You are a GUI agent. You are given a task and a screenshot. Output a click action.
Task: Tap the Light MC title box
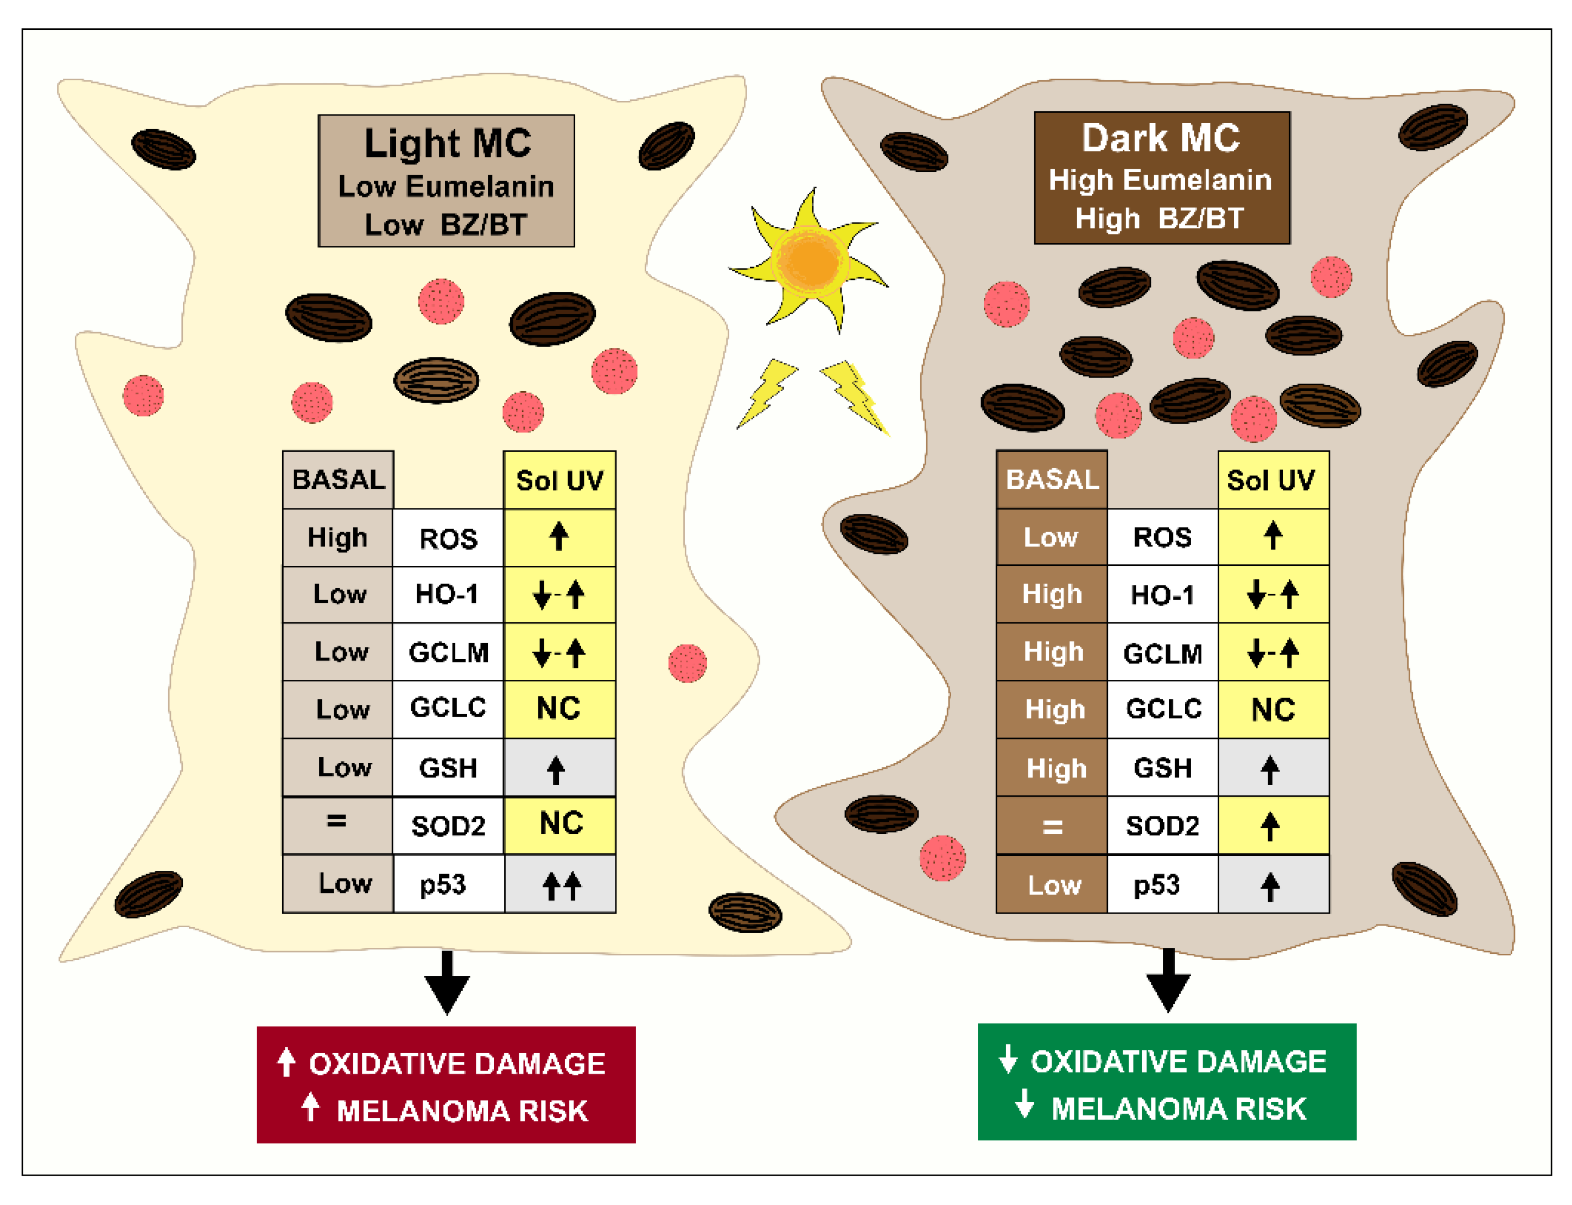[446, 181]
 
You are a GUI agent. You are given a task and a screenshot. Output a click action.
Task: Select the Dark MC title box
[1162, 178]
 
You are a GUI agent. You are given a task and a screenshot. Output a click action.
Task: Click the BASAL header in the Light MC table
[338, 479]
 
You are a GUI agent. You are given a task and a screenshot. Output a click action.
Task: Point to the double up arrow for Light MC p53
[561, 885]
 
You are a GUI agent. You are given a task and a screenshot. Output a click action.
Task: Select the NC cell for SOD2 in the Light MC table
[561, 824]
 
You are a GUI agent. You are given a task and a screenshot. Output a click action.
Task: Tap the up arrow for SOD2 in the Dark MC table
[1271, 826]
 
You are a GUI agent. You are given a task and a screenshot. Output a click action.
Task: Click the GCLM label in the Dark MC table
[1162, 653]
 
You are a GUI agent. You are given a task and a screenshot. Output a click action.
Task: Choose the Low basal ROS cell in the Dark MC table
[1051, 537]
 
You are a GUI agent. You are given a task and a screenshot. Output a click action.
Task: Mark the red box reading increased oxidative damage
[446, 1085]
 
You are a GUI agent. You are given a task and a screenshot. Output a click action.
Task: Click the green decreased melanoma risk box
[1167, 1082]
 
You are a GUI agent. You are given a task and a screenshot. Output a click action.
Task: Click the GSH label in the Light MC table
[448, 768]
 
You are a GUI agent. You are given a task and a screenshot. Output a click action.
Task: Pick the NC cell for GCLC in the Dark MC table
[1273, 709]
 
